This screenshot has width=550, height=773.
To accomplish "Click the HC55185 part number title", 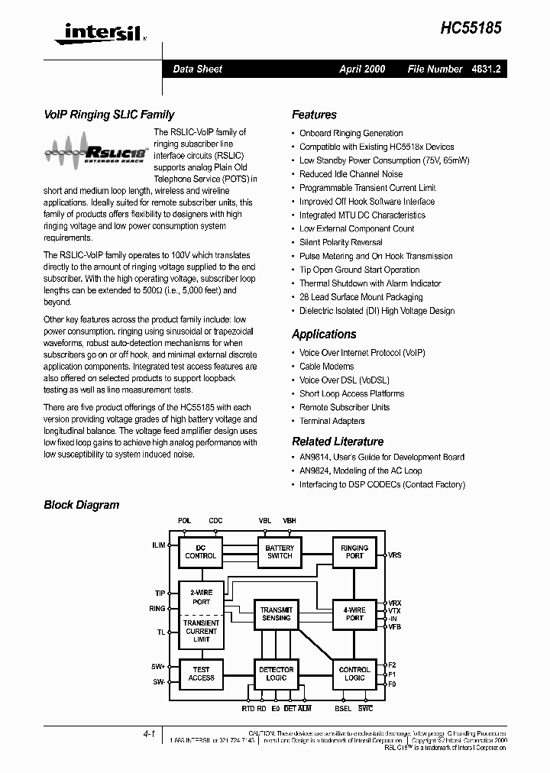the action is pos(471,27).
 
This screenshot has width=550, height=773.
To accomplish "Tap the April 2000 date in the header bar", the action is pos(362,69).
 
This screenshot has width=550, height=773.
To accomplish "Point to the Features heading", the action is pos(314,115).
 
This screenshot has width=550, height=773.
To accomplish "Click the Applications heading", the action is pos(324,334).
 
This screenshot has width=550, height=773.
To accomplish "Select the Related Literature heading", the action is pos(338,441).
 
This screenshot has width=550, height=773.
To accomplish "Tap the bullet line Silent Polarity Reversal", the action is pos(341,242).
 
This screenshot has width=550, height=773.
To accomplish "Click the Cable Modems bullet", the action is pos(326,367).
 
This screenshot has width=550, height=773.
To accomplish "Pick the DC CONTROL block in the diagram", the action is pos(201,551).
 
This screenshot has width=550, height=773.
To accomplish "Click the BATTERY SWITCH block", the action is pos(280,551).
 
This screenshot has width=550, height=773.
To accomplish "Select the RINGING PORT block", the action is pos(354,551).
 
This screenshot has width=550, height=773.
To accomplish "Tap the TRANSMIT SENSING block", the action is pos(276,613).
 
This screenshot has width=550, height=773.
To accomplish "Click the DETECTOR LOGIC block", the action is pos(276,674).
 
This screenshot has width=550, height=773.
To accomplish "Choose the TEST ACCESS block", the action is pos(201,674).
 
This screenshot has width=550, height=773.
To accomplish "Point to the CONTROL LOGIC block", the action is pos(354,674).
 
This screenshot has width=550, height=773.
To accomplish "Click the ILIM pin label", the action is pos(159,545).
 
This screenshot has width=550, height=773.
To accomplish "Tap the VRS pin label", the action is pos(394,555).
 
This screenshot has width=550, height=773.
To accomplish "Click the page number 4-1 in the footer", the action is pos(149,733).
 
